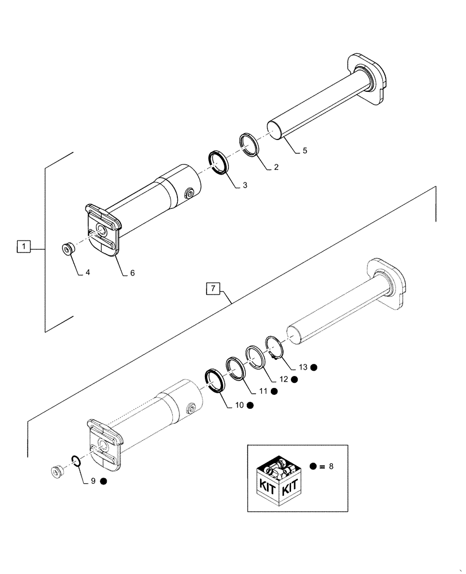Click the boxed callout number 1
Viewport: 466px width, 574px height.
pos(23,247)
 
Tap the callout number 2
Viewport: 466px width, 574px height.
pos(276,168)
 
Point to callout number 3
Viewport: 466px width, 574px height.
pos(244,185)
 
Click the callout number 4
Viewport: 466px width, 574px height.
pos(88,273)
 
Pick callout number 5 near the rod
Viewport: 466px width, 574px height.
pos(305,151)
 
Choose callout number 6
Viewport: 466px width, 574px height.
pos(132,273)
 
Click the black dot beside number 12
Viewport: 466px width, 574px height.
pos(294,379)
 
